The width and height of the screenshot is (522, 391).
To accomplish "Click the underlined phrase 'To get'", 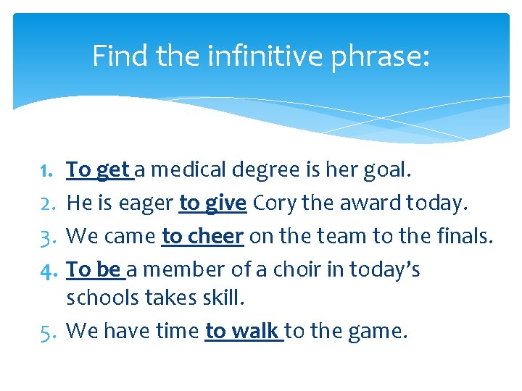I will point(98,171).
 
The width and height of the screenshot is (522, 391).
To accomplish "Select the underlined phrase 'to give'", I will point(212,204).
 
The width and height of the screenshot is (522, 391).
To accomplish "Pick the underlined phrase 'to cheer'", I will point(202,237).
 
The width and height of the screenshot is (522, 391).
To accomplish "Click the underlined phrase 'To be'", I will point(94,270).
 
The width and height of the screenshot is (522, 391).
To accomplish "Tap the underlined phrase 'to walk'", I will point(242,332).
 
